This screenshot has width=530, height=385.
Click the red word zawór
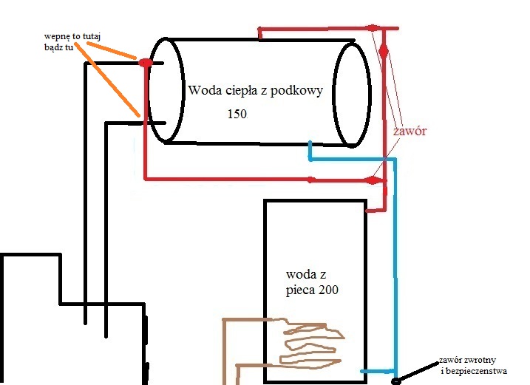click(x=410, y=131)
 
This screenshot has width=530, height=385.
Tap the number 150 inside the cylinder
click(x=237, y=114)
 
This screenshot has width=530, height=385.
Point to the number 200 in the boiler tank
click(x=327, y=290)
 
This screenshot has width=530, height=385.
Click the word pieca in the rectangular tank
click(x=299, y=290)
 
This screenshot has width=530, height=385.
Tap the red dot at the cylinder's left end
click(x=146, y=63)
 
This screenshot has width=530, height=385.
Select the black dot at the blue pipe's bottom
click(x=395, y=381)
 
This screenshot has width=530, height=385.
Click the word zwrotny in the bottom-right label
click(x=480, y=360)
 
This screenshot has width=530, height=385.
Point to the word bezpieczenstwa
click(x=476, y=371)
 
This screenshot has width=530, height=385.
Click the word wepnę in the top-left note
click(x=56, y=36)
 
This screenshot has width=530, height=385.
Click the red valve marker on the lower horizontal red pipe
click(x=373, y=180)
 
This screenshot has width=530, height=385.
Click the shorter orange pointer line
click(x=112, y=50)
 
